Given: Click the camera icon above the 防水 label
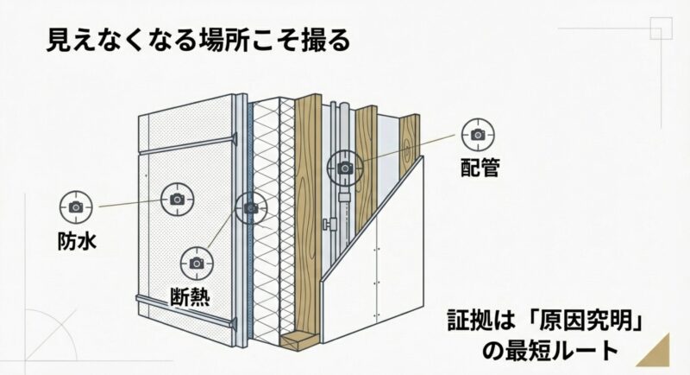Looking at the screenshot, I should pyautogui.click(x=75, y=207).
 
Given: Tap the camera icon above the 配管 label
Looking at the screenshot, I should pyautogui.click(x=477, y=134).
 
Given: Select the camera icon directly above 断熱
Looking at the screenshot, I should pyautogui.click(x=197, y=262).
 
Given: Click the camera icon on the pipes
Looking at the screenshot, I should pyautogui.click(x=345, y=167).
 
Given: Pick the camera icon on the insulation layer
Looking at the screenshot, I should pyautogui.click(x=251, y=207).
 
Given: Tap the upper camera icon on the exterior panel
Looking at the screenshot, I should pyautogui.click(x=178, y=199).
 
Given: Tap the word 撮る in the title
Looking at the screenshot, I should pyautogui.click(x=329, y=41).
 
